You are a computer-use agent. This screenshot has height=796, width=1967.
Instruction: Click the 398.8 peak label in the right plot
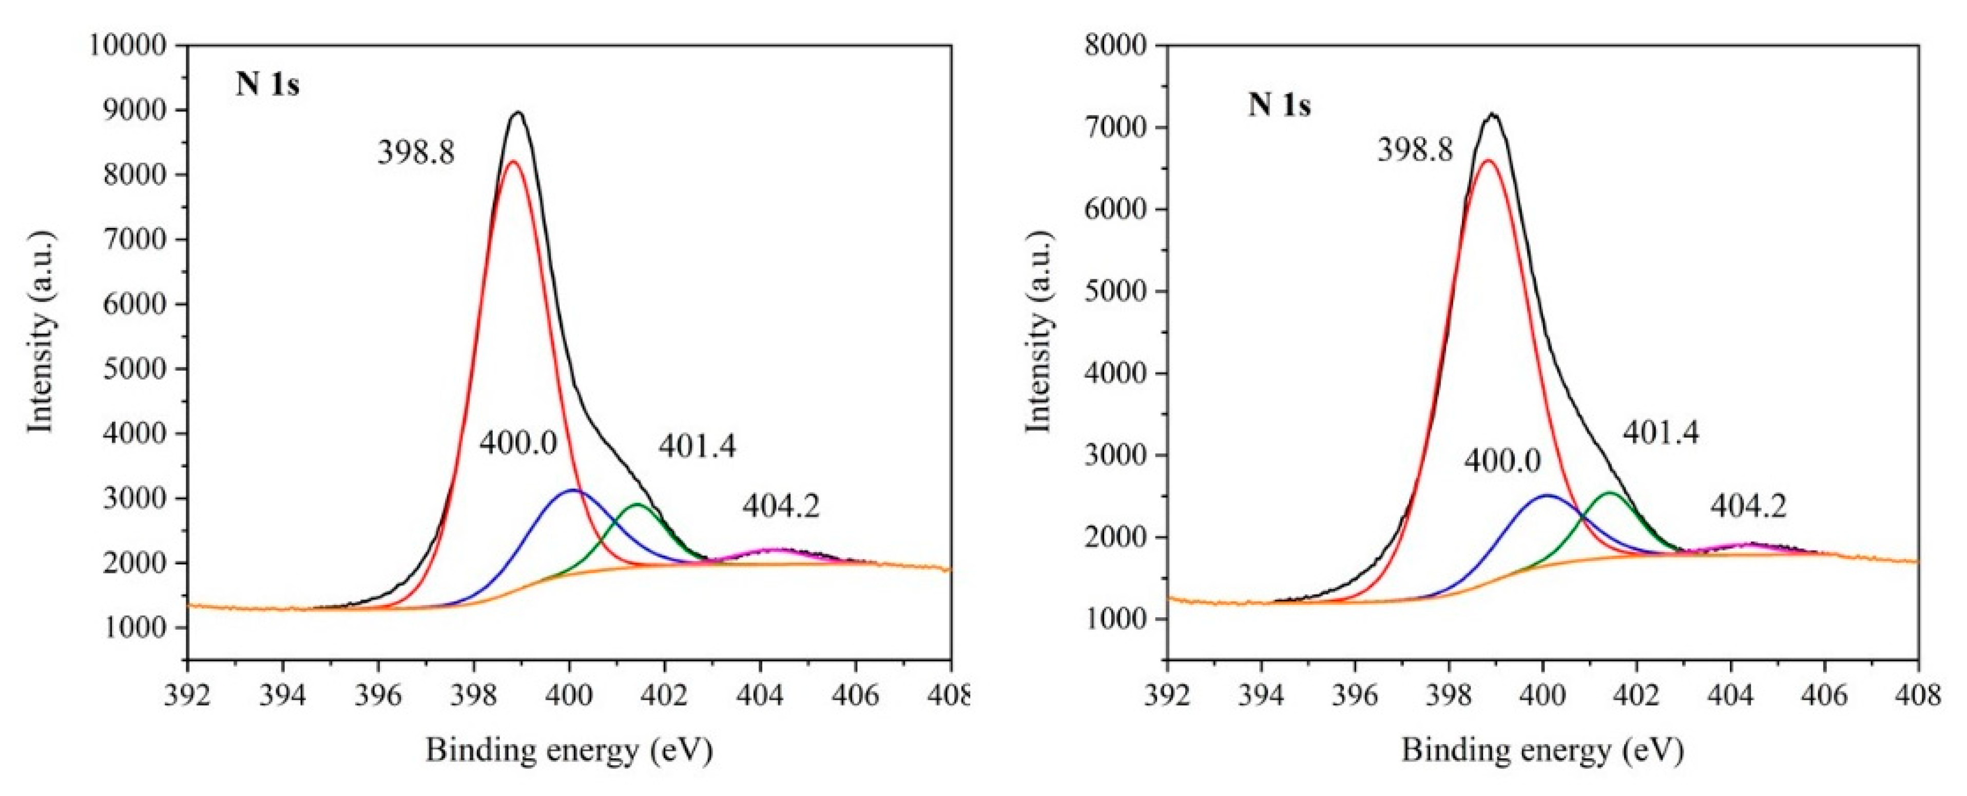pyautogui.click(x=1414, y=150)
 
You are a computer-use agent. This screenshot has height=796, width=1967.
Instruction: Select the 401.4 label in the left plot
pyautogui.click(x=697, y=447)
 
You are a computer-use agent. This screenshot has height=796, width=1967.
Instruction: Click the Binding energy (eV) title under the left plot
pyautogui.click(x=569, y=751)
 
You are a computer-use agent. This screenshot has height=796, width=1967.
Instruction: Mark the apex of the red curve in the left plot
pyautogui.click(x=513, y=161)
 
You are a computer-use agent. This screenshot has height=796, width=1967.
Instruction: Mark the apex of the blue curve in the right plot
pyautogui.click(x=1546, y=496)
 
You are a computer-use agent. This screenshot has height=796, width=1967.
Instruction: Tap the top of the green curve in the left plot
pyautogui.click(x=638, y=504)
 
